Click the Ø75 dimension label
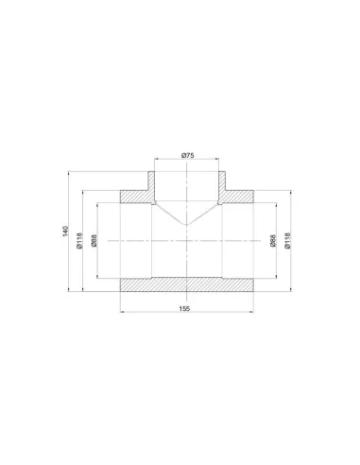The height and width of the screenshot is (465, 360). click(188, 155)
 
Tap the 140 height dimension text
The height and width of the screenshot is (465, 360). click(65, 232)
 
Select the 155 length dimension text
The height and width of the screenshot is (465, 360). click(184, 309)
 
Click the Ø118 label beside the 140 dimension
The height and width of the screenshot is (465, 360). click(79, 241)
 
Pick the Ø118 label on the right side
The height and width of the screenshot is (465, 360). click(287, 241)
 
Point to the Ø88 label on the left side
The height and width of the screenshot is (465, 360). click(94, 240)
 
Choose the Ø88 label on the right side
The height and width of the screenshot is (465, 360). click(273, 241)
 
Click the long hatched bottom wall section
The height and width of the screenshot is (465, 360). click(187, 284)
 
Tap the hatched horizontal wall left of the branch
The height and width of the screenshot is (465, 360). click(135, 197)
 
